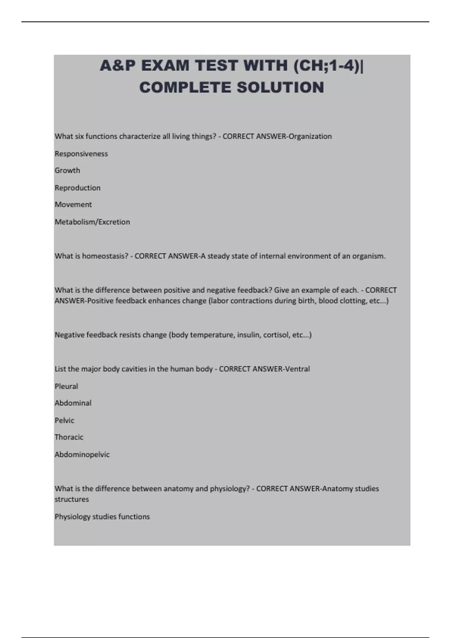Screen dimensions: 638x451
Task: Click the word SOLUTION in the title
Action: tap(280, 87)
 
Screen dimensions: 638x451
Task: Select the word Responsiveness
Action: tap(81, 153)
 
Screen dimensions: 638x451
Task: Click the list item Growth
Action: tap(67, 170)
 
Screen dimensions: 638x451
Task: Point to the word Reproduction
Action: tap(77, 188)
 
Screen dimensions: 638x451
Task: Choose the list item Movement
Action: tap(73, 205)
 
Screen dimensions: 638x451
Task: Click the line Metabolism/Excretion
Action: tap(92, 222)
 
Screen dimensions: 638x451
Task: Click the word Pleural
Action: tap(66, 386)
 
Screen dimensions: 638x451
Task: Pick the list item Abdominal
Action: tap(73, 403)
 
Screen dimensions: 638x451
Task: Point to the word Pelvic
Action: tap(65, 420)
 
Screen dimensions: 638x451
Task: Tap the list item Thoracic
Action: tap(69, 437)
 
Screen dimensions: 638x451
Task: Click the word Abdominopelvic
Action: tap(82, 454)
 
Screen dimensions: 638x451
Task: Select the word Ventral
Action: tap(298, 369)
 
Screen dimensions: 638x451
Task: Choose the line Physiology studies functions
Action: tap(102, 517)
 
